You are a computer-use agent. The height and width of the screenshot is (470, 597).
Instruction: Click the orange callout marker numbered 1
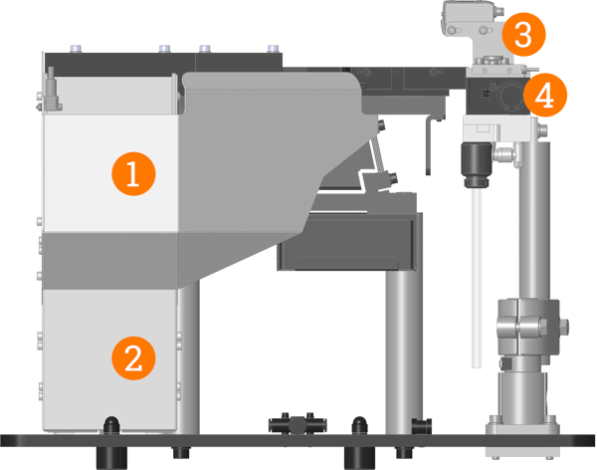point(132,174)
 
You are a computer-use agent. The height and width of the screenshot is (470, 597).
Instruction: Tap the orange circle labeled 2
point(132,355)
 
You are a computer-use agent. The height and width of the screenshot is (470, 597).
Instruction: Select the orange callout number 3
point(523,35)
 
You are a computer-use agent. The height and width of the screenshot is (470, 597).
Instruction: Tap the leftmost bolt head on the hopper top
point(75,47)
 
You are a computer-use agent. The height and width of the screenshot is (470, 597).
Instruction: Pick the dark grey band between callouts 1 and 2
point(109,260)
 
